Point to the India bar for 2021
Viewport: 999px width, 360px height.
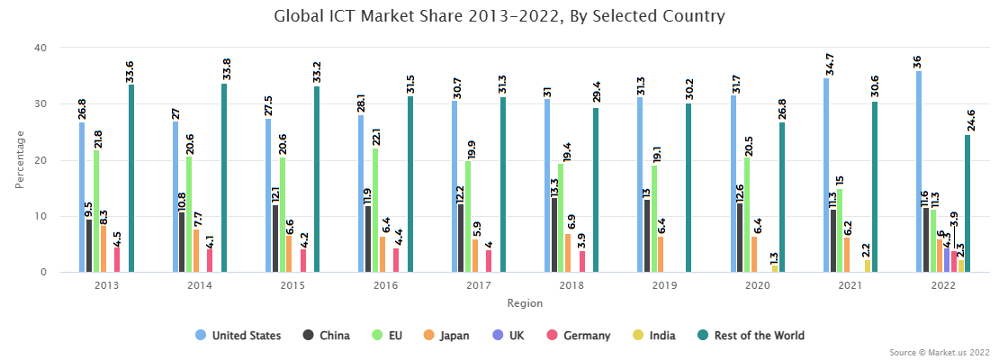[868, 265]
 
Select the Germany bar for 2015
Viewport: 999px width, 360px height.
[303, 260]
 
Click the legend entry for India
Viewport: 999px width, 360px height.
[652, 336]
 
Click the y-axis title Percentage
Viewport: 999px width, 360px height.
[20, 160]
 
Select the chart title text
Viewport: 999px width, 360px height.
[499, 16]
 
